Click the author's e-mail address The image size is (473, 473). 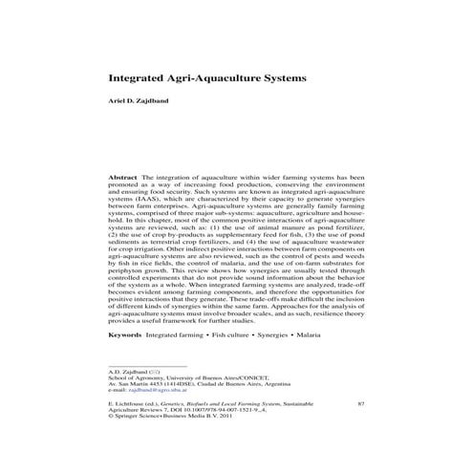(156, 391)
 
